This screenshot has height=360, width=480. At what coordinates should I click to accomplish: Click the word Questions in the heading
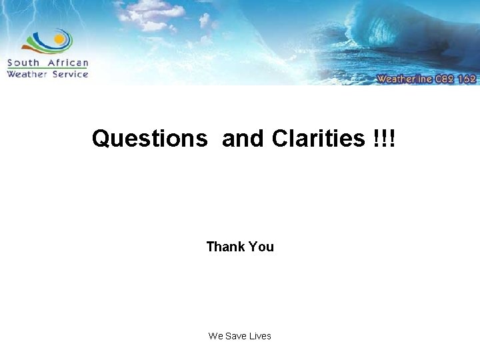(150, 139)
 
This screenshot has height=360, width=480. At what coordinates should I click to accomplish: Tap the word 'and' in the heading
(244, 139)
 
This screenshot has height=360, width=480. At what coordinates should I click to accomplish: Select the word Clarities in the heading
(318, 139)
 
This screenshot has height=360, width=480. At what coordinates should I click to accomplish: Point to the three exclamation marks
(385, 139)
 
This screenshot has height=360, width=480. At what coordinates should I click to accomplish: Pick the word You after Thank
(261, 247)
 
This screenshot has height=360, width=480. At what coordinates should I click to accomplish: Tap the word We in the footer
(215, 336)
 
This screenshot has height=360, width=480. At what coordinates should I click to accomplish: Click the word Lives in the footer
(260, 336)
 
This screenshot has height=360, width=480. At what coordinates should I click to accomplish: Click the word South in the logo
(24, 63)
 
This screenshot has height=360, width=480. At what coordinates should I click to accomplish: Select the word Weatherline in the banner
(405, 79)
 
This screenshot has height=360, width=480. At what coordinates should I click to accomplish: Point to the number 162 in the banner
(467, 79)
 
